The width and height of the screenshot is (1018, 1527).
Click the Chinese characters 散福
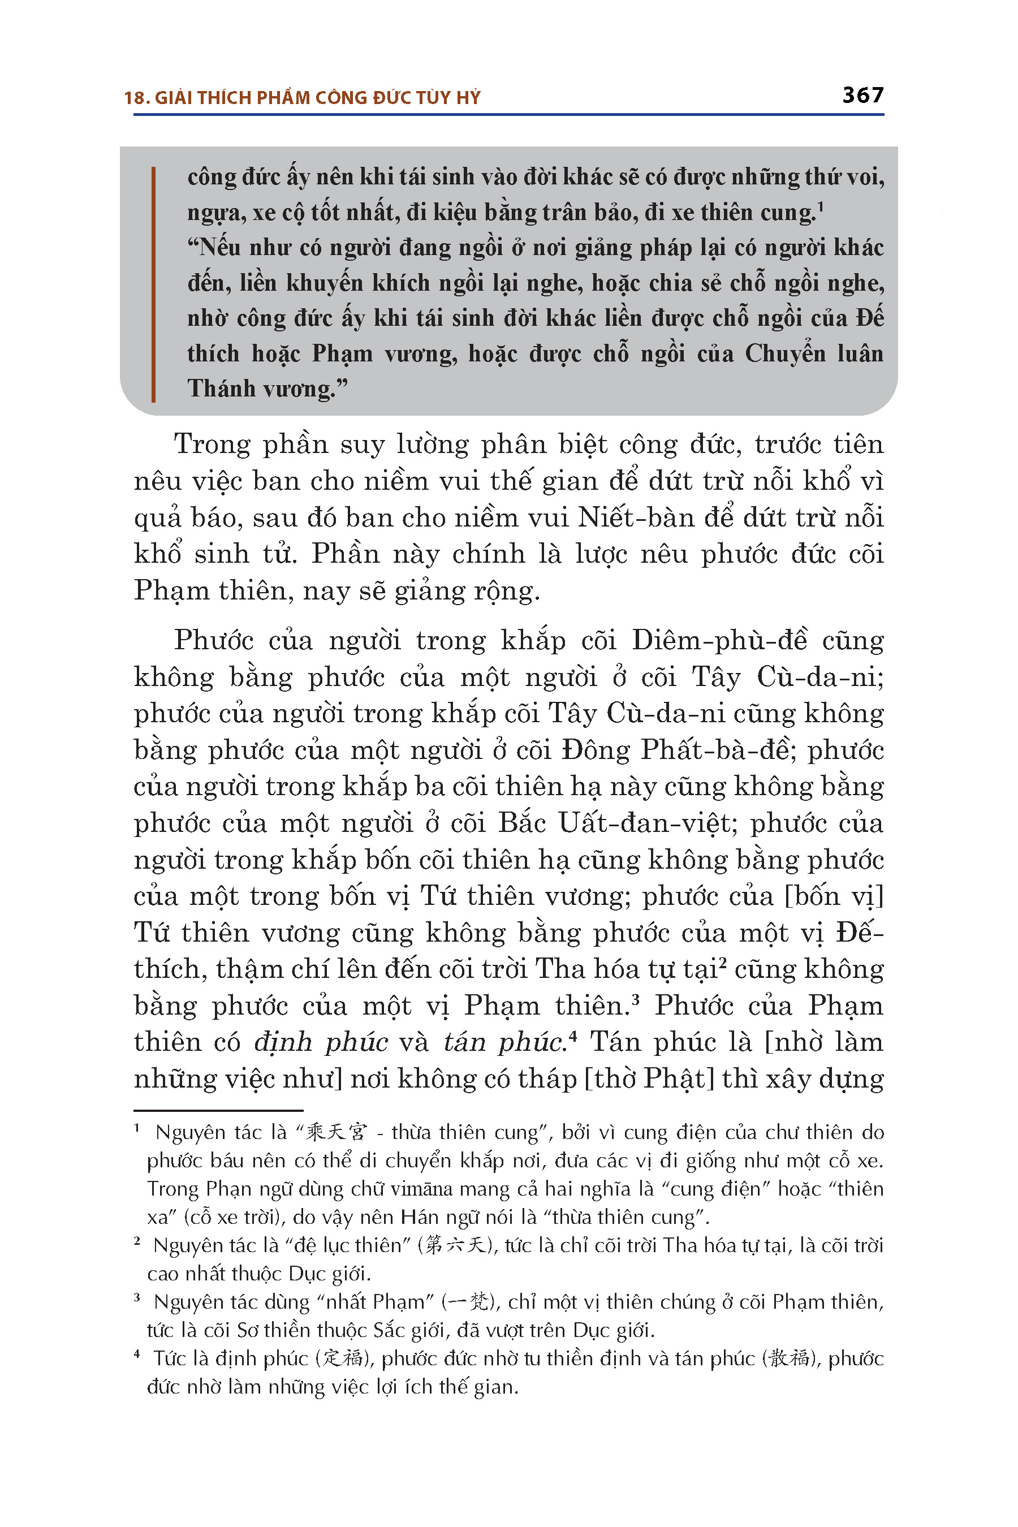tap(790, 1359)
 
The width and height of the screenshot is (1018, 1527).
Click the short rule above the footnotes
tap(218, 1111)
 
